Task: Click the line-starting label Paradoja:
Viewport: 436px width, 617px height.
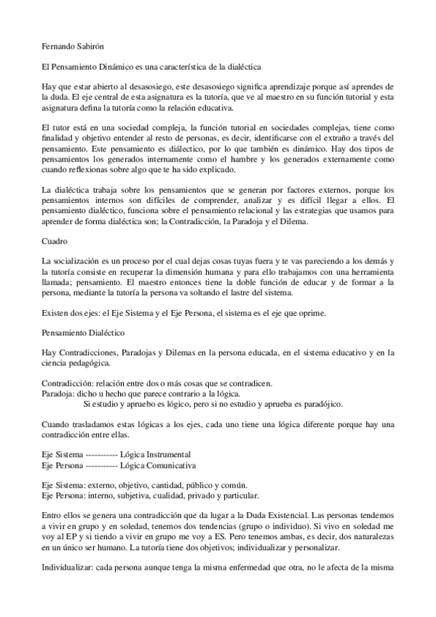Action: point(58,393)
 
